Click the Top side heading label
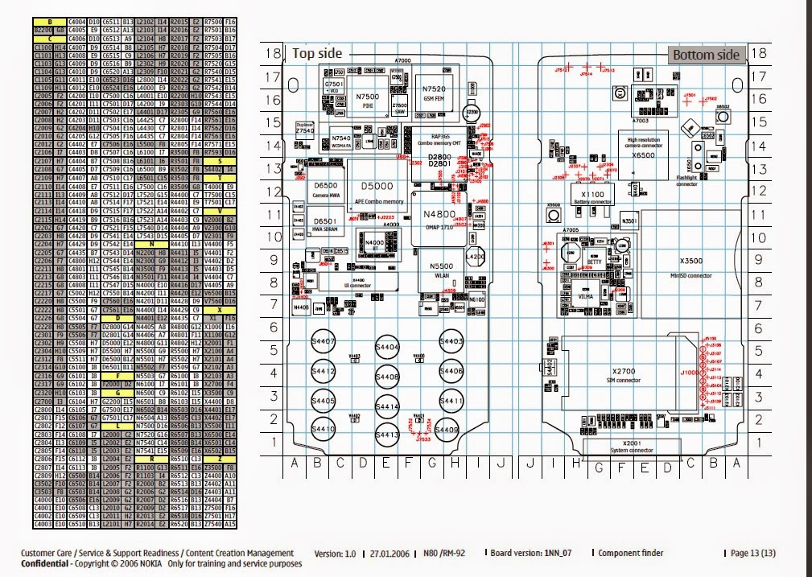coord(316,54)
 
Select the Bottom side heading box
coord(705,55)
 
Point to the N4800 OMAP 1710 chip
coord(439,220)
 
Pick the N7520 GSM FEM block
coord(439,90)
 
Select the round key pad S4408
coord(387,376)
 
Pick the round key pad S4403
coord(451,342)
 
